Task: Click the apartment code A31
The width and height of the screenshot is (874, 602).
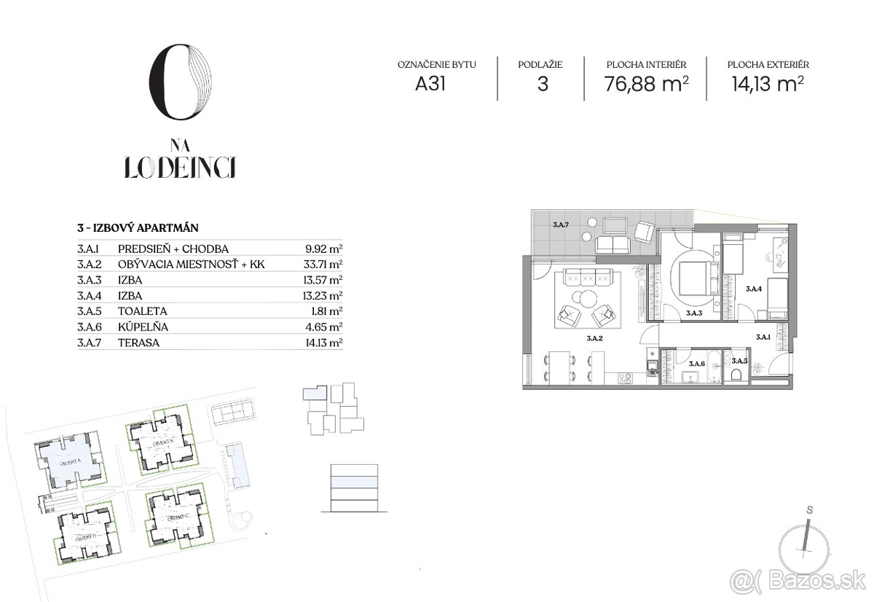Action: (x=430, y=84)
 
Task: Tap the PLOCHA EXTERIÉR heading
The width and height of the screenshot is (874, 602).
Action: (x=768, y=65)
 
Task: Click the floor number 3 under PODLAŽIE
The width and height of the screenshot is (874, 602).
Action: (x=542, y=84)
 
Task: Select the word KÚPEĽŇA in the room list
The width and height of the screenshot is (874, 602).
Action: (x=138, y=327)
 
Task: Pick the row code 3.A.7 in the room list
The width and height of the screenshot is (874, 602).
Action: (x=88, y=343)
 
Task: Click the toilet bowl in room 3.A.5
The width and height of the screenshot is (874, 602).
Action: (x=736, y=374)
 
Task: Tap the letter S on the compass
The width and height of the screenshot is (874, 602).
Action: (x=809, y=510)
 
